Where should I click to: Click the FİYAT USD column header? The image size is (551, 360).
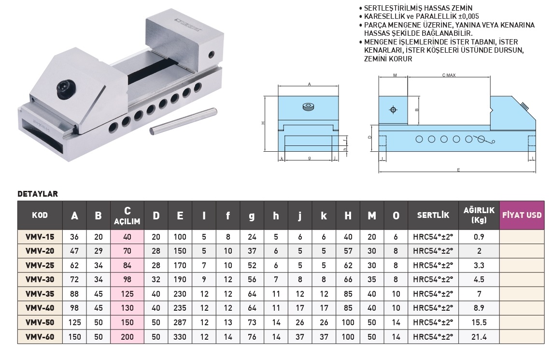[x=522, y=215]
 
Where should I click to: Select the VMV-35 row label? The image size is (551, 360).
[x=40, y=293]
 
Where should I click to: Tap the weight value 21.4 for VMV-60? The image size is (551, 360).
[x=479, y=337]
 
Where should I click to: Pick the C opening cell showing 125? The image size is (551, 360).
[x=127, y=293]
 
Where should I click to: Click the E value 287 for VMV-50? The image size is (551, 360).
[x=180, y=322]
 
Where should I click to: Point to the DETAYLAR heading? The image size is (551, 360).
[x=38, y=194]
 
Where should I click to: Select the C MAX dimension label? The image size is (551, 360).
[x=449, y=75]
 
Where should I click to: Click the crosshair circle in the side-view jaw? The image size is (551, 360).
[x=393, y=110]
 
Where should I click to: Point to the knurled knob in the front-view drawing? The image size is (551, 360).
[x=309, y=107]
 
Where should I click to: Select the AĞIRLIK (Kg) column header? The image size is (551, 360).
[x=479, y=216]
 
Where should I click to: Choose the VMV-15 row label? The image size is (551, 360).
[x=40, y=237]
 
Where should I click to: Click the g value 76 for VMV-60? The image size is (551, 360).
[x=252, y=337]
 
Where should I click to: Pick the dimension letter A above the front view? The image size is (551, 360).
[x=309, y=84]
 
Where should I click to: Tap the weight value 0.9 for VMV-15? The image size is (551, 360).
[x=479, y=237]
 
